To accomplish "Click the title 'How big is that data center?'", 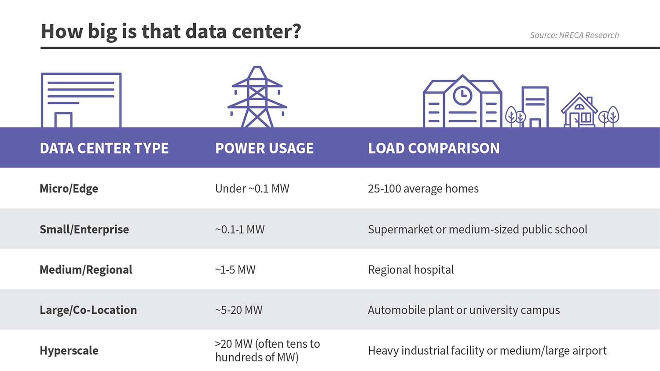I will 171,32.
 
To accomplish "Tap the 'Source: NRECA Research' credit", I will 574,35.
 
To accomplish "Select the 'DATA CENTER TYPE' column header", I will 104,148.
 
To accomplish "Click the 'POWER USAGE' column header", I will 264,148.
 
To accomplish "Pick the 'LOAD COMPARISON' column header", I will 434,148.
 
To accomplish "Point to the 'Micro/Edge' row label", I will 69,189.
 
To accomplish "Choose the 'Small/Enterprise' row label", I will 84,229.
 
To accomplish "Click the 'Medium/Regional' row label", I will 86,270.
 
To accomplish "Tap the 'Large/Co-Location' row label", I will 88,310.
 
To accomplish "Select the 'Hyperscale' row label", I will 69,351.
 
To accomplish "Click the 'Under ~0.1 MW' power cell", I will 252,189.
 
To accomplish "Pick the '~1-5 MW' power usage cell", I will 235,270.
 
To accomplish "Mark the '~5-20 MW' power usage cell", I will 239,310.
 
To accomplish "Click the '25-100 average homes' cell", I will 423,189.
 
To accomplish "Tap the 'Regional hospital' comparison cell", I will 411,270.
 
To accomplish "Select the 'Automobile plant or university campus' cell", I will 464,310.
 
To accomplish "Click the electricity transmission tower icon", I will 257,98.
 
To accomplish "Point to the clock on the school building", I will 462,95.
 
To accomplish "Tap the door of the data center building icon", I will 63,120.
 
